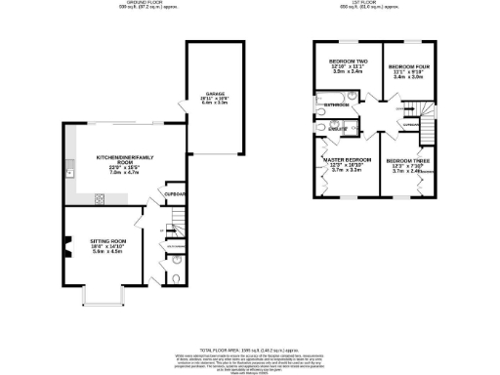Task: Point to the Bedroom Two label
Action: point(343,62)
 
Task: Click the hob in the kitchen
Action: point(99,198)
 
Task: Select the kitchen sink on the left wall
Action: point(69,173)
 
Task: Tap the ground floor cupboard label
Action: point(177,193)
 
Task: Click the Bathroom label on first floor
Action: point(337,104)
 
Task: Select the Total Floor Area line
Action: point(248,349)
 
